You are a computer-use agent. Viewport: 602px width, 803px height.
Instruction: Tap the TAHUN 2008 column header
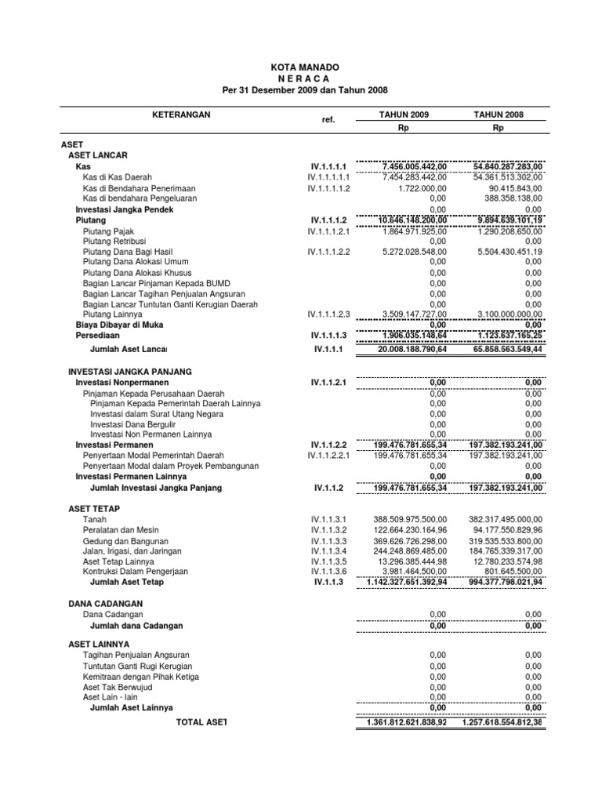coord(499,114)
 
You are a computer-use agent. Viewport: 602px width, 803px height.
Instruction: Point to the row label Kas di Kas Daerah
coord(118,178)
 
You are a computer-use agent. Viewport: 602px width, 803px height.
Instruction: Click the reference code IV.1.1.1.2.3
coord(329,314)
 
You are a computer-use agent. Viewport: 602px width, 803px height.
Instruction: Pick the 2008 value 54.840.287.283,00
coord(508,167)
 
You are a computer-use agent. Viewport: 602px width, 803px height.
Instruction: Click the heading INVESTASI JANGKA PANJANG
coord(130,371)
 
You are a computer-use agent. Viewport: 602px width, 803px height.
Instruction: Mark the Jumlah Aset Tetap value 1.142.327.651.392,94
coord(403,583)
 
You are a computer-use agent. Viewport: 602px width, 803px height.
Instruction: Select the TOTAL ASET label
coord(201,721)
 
